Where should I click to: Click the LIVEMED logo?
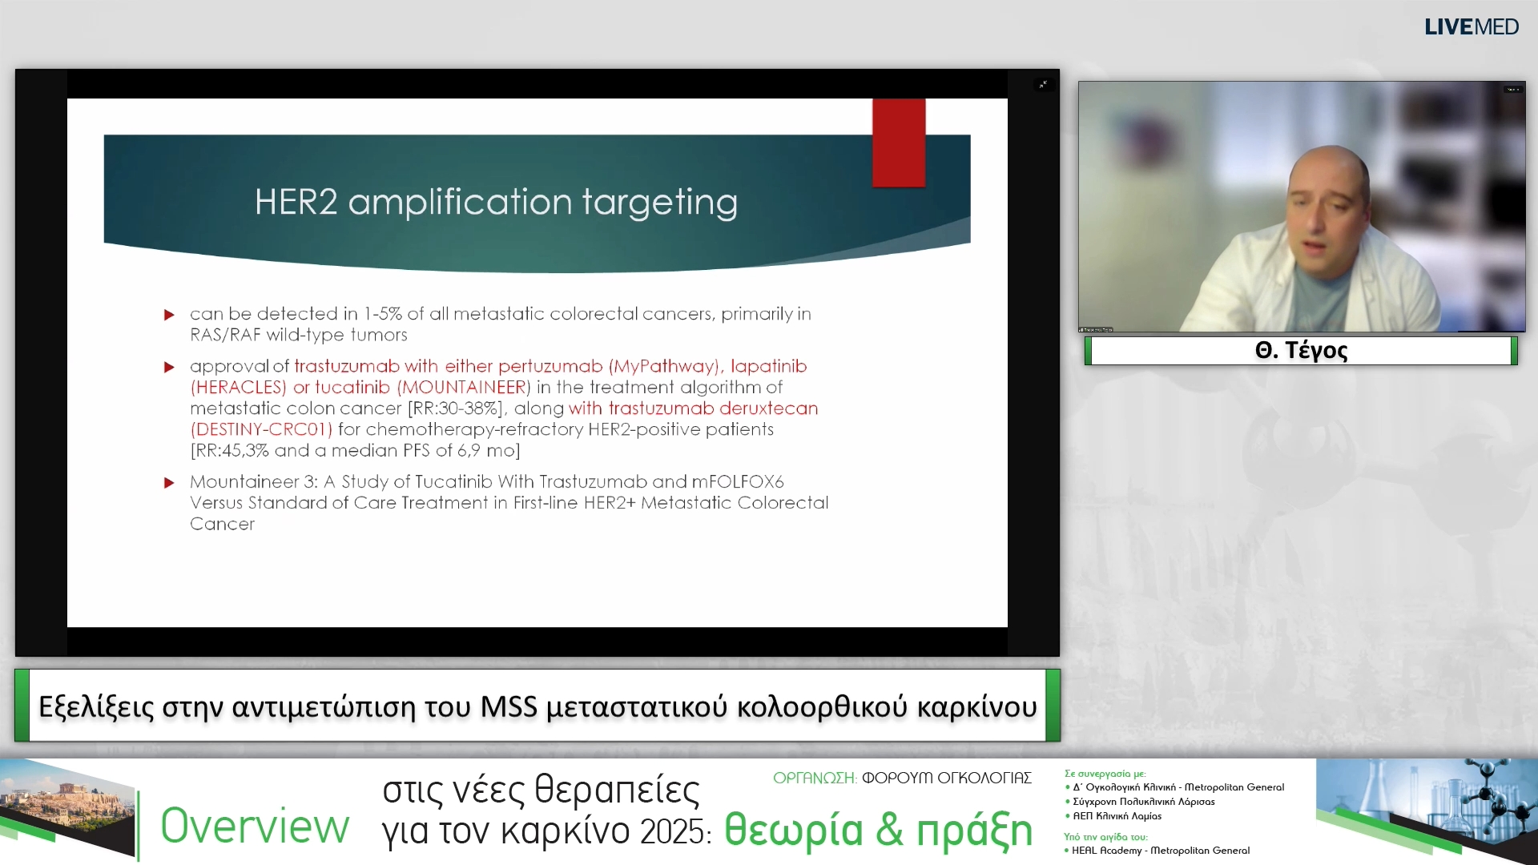click(x=1471, y=27)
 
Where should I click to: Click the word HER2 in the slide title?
click(x=296, y=202)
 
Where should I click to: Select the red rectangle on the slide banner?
click(x=899, y=143)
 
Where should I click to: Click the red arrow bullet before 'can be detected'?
click(x=169, y=315)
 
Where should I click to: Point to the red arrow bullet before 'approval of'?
click(x=169, y=367)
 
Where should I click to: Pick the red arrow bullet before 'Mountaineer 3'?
click(x=169, y=483)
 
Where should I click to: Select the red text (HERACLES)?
click(x=238, y=388)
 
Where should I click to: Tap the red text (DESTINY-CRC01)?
click(x=261, y=429)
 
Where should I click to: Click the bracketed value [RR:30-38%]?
click(x=455, y=408)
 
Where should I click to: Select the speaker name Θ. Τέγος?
click(x=1301, y=350)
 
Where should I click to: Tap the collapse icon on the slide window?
click(x=1043, y=84)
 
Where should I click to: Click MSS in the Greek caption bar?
click(x=509, y=706)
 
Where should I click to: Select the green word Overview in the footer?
click(x=255, y=827)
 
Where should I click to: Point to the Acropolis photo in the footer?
click(x=67, y=809)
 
